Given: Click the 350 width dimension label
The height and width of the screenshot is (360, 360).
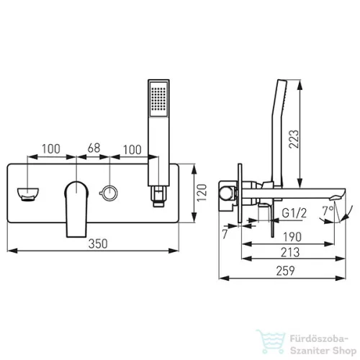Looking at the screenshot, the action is click(98, 243).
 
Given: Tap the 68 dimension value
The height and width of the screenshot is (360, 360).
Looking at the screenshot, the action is click(94, 148).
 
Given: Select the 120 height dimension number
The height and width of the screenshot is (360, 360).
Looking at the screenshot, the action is click(202, 193).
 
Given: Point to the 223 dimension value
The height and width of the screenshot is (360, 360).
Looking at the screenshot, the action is click(294, 139).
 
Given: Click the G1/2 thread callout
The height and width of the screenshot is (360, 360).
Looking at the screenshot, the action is click(294, 213).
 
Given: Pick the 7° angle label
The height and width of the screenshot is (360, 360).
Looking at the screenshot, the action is click(328, 211).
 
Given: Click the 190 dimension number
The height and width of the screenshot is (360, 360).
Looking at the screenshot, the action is click(292, 237).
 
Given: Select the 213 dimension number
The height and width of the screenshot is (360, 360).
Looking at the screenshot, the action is click(290, 252).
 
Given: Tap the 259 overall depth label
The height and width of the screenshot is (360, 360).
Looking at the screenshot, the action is click(285, 271).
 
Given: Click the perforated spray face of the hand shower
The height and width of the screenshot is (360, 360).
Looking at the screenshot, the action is click(158, 99).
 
